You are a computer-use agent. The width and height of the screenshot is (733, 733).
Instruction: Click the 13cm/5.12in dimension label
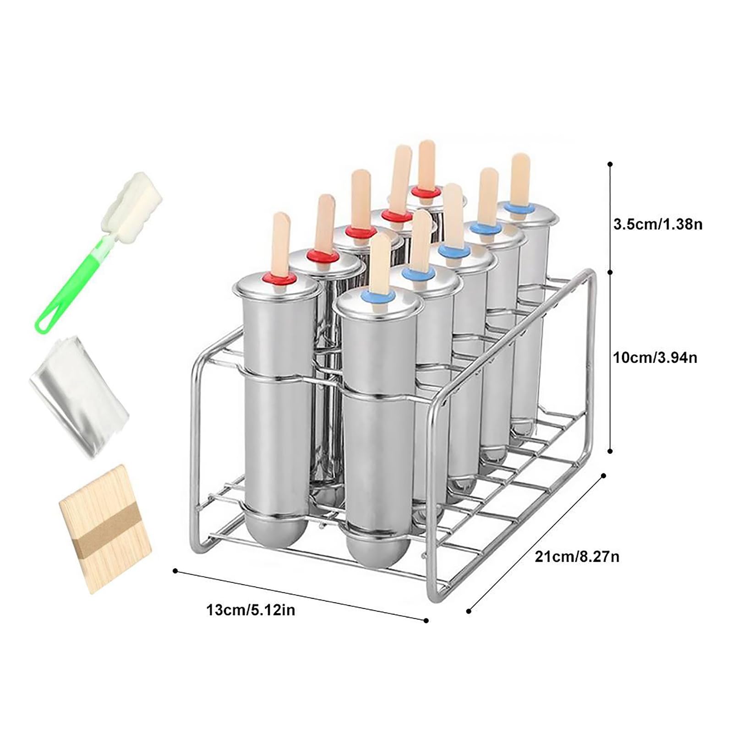click(x=251, y=610)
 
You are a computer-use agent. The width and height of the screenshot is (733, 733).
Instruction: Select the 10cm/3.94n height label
click(x=656, y=357)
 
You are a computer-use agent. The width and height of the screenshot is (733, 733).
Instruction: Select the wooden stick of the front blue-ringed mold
click(x=380, y=263)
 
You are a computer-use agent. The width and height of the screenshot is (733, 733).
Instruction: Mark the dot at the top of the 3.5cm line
click(x=609, y=164)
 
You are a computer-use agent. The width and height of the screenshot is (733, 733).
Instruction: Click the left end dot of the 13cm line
click(x=175, y=570)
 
